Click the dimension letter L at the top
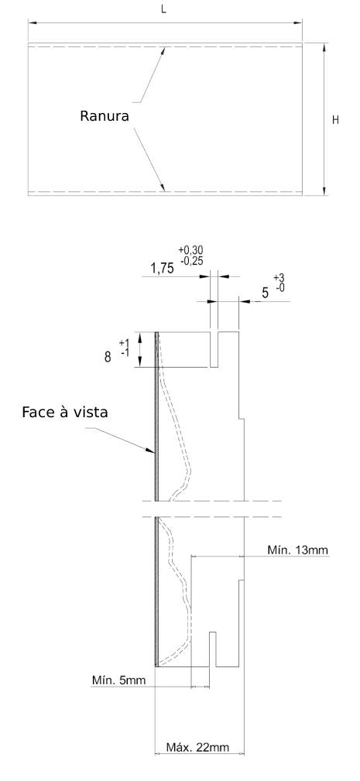tap(164, 11)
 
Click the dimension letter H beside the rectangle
tap(335, 120)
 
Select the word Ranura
tap(105, 116)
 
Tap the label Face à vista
tap(65, 413)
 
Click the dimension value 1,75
tap(163, 269)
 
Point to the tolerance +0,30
tap(190, 251)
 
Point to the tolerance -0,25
tap(190, 261)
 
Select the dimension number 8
tap(108, 357)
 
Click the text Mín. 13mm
tap(298, 550)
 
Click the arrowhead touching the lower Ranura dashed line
tap(162, 187)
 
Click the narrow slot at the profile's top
tap(214, 349)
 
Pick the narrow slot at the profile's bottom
tap(213, 649)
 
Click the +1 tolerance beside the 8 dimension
tap(125, 343)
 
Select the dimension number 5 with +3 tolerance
tap(266, 293)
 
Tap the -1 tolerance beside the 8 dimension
tap(125, 353)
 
